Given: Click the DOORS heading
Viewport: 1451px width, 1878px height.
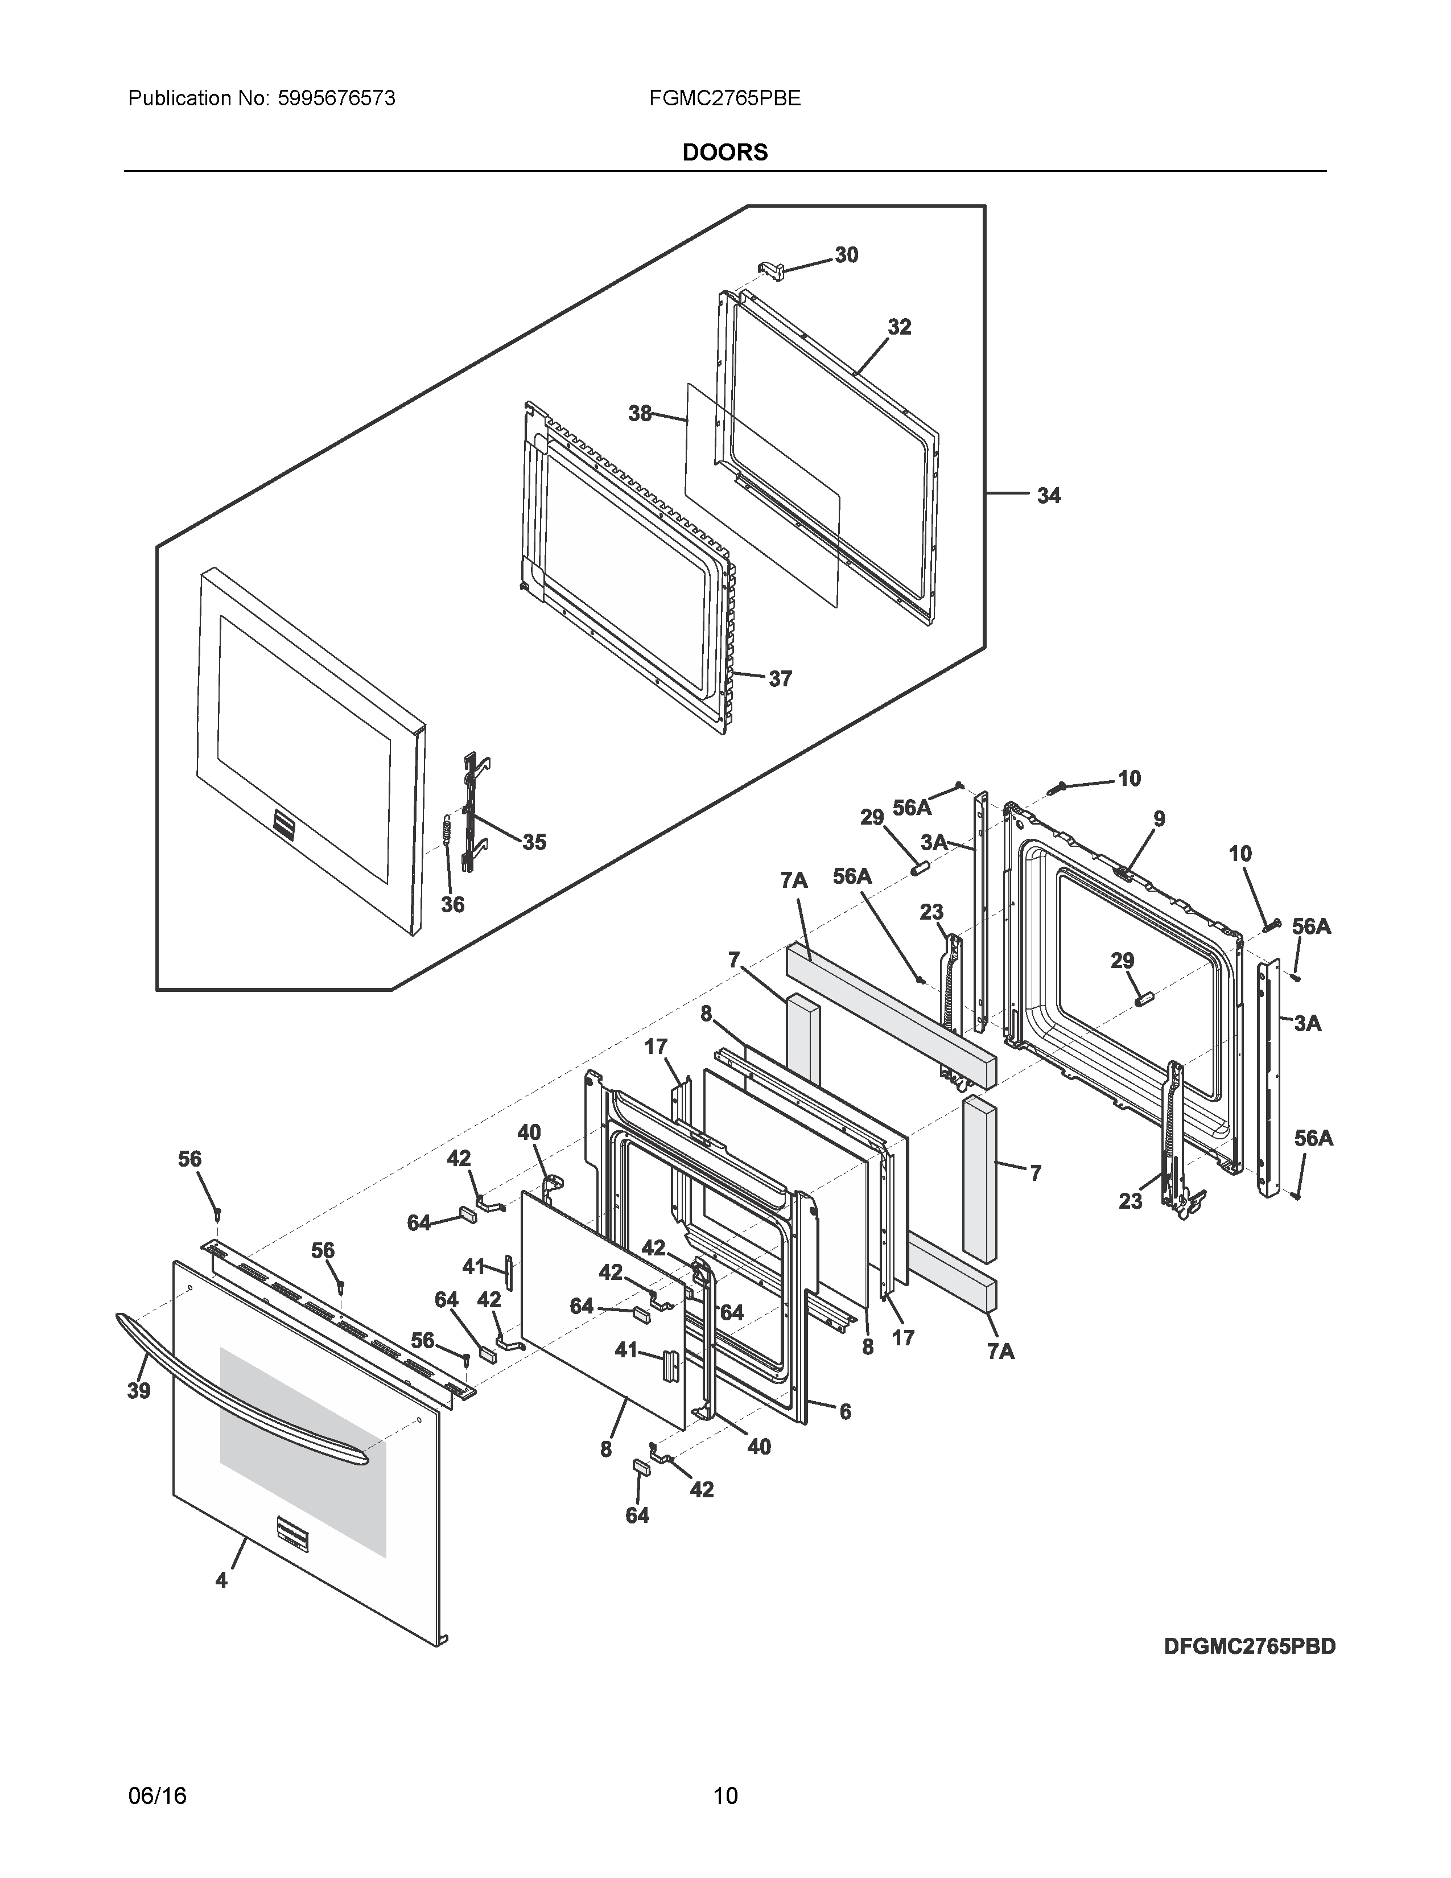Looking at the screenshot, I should pyautogui.click(x=724, y=152).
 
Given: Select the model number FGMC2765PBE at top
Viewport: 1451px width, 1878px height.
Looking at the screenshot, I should pyautogui.click(x=724, y=98).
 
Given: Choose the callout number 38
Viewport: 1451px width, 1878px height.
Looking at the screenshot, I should pyautogui.click(x=640, y=414).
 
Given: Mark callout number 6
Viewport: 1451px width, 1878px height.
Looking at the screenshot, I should pyautogui.click(x=845, y=1411).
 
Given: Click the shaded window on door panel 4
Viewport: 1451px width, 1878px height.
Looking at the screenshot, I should pyautogui.click(x=303, y=1453).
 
